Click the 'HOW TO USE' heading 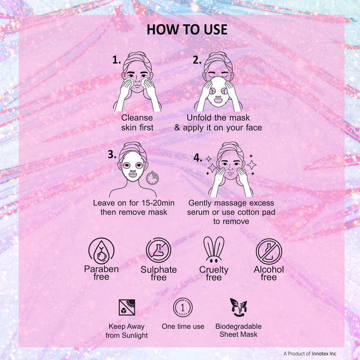(x=187, y=30)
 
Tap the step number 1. (x=117, y=60)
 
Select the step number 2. (x=197, y=60)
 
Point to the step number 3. (x=112, y=154)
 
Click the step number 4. (x=198, y=158)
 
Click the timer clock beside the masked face (x=153, y=178)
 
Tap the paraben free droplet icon (x=101, y=251)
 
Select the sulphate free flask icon (x=159, y=250)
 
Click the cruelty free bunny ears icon (x=214, y=250)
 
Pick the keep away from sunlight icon (x=127, y=307)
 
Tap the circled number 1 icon (x=183, y=307)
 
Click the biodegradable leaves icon (x=238, y=307)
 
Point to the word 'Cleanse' (x=137, y=118)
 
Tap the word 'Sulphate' (x=159, y=270)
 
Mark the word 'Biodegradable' (x=238, y=327)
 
